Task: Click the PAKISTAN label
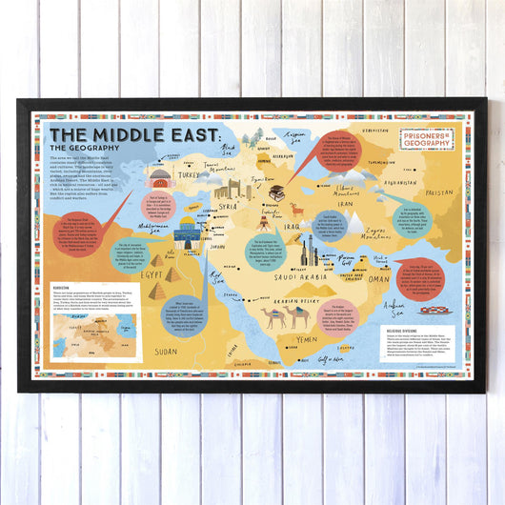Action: [x=440, y=192]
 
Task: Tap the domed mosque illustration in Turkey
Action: [x=160, y=179]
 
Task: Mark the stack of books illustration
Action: [x=278, y=193]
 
